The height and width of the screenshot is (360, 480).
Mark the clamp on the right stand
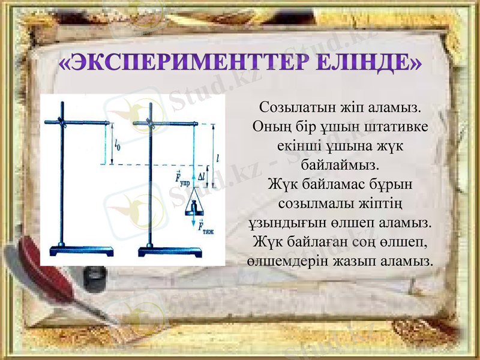[x=149, y=124]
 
